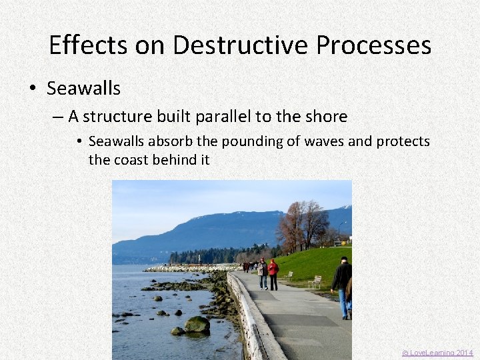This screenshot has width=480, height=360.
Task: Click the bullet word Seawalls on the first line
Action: pyautogui.click(x=83, y=88)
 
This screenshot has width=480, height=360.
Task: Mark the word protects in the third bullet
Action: pyautogui.click(x=403, y=142)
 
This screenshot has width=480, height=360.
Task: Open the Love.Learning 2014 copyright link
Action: pyautogui.click(x=437, y=353)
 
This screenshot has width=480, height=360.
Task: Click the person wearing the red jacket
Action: pyautogui.click(x=273, y=273)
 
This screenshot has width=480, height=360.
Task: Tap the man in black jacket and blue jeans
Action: pyautogui.click(x=343, y=285)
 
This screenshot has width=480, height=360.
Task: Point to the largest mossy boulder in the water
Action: pyautogui.click(x=197, y=325)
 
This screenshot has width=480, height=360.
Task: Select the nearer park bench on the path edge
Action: pyautogui.click(x=315, y=281)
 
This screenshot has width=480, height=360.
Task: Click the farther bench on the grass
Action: pyautogui.click(x=288, y=274)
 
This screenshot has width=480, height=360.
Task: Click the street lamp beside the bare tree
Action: pyautogui.click(x=340, y=230)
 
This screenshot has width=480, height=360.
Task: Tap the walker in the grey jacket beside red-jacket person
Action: pyautogui.click(x=263, y=273)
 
